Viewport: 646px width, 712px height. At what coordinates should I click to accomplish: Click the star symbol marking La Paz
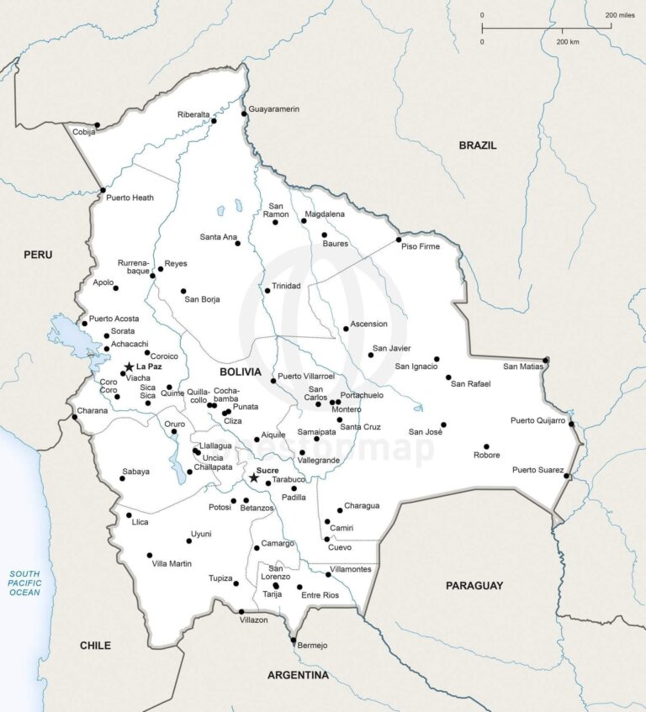(129, 367)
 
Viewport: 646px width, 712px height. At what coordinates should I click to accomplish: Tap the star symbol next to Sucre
(254, 477)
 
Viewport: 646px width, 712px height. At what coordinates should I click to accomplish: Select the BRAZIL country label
(478, 145)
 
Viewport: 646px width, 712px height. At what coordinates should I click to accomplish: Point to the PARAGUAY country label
(474, 585)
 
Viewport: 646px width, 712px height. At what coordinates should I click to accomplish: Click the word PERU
(38, 255)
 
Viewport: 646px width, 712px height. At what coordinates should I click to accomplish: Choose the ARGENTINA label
(298, 675)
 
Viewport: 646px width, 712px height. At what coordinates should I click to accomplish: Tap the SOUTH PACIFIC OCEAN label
(24, 582)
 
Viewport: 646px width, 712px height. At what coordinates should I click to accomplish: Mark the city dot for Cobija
(98, 125)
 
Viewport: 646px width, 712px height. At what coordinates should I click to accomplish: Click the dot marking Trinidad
(267, 291)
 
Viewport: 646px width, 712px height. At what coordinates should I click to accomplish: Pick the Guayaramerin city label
(273, 109)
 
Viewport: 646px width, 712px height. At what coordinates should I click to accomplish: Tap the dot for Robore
(486, 446)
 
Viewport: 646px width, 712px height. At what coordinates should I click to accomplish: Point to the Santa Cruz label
(360, 427)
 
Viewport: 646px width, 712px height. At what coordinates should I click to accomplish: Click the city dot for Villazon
(241, 611)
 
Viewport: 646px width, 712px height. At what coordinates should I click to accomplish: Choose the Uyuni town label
(201, 534)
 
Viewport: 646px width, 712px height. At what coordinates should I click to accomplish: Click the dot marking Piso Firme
(399, 240)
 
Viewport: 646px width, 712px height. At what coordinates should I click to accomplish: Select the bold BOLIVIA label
(241, 372)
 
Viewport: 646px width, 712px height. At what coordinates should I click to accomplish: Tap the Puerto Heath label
(130, 198)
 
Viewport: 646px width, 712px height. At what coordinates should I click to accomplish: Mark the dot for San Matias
(546, 361)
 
